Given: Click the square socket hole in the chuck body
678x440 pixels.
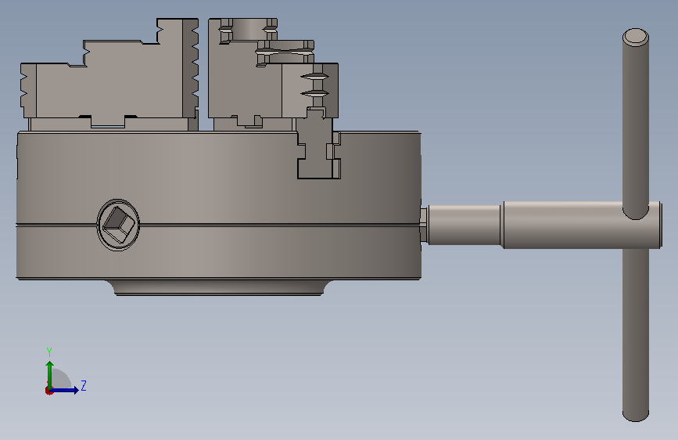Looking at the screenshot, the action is coord(118,225).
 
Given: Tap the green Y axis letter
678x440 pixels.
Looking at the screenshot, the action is coord(48,352).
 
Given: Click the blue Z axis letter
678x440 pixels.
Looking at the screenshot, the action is coord(84,385).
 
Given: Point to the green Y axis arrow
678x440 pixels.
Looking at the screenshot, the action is coord(49,375).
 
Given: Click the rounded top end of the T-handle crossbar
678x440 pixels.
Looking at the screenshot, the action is coord(636,38).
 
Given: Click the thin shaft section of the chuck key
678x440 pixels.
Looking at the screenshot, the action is coord(464,225).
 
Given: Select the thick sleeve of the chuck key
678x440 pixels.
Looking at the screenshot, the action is coord(582,225).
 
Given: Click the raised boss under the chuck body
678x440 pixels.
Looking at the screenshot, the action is coord(219,287).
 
